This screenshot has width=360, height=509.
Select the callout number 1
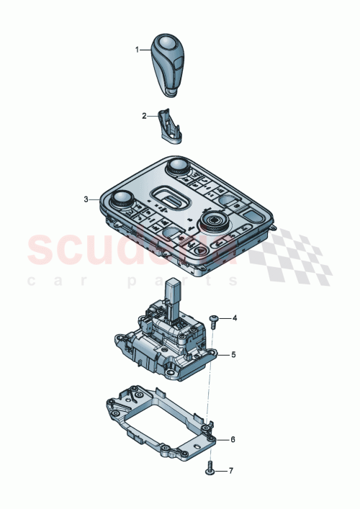[x=136, y=50]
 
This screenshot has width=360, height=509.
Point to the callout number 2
[x=144, y=115]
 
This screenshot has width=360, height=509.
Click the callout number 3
[x=86, y=199]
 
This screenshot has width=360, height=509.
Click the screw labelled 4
[x=214, y=318]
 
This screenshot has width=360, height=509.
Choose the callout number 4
[x=234, y=317]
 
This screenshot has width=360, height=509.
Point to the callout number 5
[x=234, y=355]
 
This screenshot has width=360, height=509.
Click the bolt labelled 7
[x=209, y=469]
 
